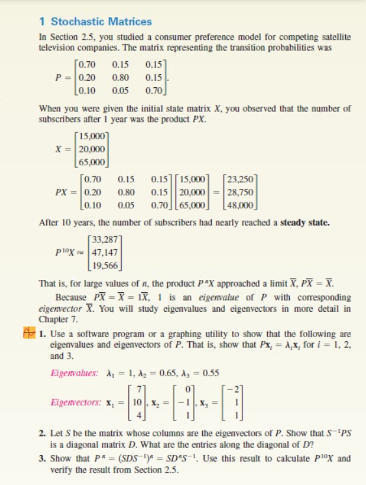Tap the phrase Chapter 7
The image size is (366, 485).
57,318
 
